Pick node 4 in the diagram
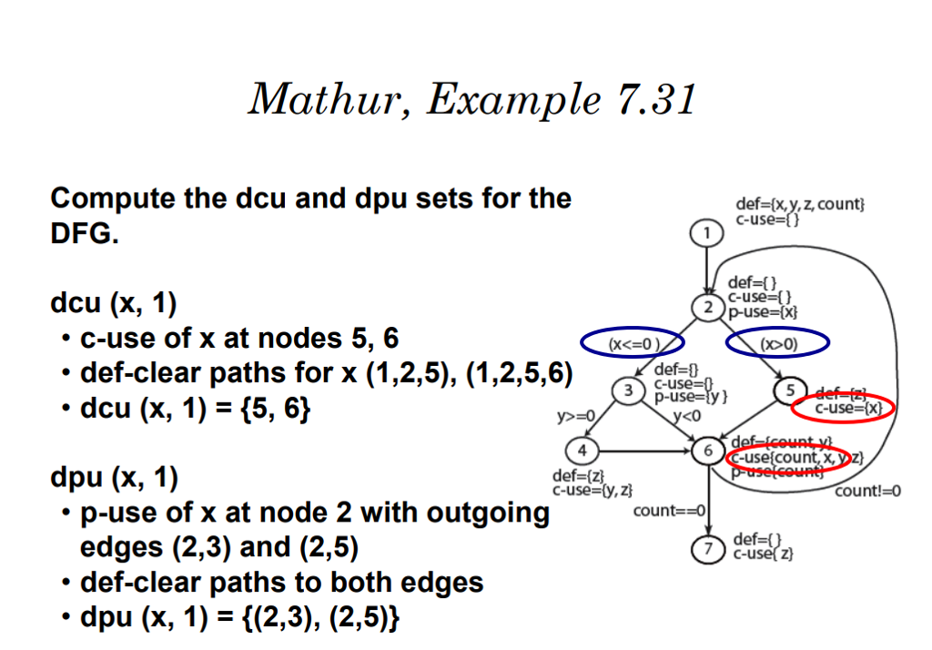tap(582, 450)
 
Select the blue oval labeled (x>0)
tap(777, 343)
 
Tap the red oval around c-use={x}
tap(844, 409)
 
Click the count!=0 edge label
tap(868, 492)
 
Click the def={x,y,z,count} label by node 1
tap(800, 204)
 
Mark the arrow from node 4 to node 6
tap(642, 450)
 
